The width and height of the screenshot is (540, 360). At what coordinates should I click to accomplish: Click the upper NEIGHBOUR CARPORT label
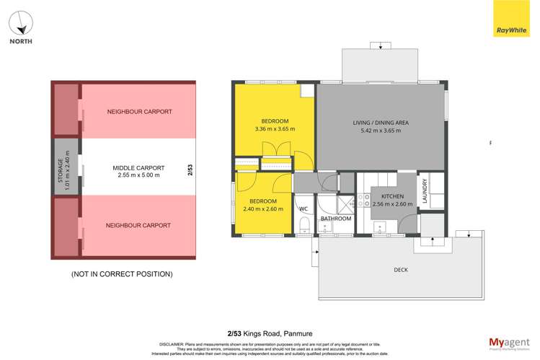[x=138, y=112]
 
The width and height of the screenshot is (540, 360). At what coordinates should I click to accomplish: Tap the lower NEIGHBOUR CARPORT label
[x=138, y=225]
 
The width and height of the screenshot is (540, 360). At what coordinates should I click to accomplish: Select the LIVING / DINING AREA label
[x=380, y=123]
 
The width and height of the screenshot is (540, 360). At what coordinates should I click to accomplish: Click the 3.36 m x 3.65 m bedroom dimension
[x=275, y=129]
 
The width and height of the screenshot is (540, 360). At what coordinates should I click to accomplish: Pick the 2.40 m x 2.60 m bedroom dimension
[x=263, y=209]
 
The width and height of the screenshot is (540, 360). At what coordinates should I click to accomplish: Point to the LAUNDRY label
[x=425, y=193]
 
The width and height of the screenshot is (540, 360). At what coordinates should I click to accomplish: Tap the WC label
[x=304, y=209]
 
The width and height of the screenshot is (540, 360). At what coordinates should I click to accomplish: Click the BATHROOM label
[x=336, y=219]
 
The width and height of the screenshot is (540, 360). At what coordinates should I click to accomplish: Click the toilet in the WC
[x=304, y=227]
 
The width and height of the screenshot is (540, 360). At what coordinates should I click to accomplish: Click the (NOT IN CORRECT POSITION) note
[x=121, y=274]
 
